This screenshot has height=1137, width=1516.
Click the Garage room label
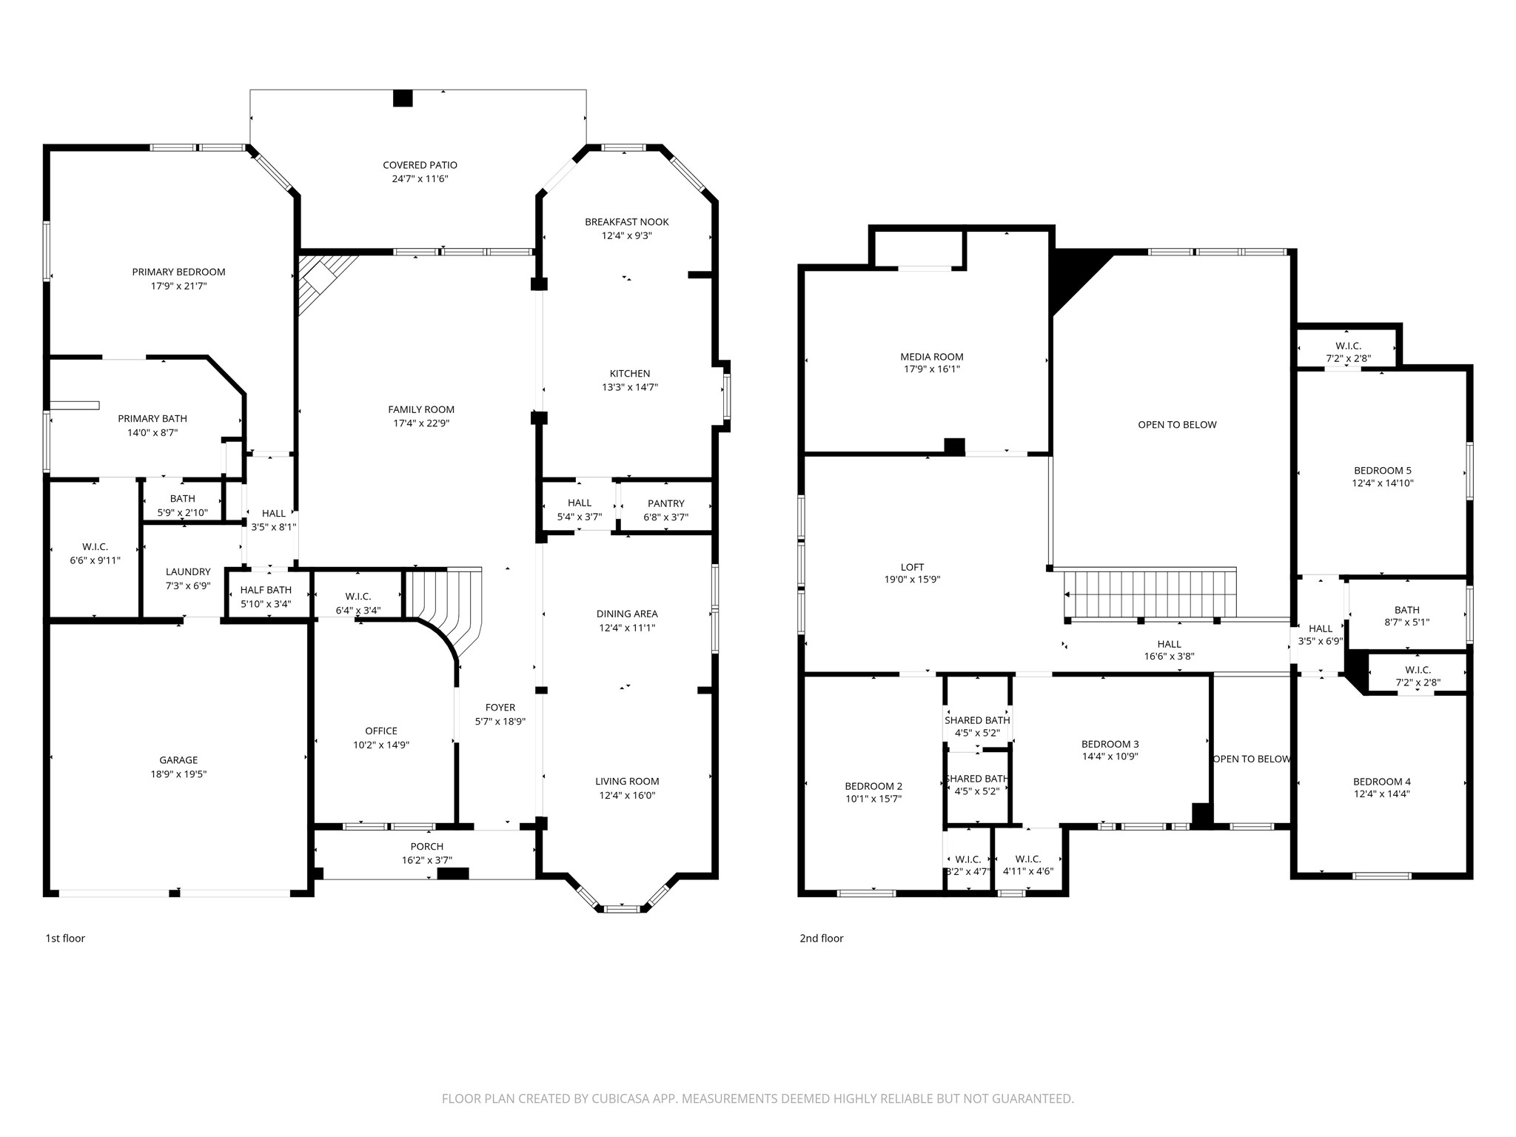tap(178, 760)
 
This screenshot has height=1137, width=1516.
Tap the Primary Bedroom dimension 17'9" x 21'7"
tap(178, 286)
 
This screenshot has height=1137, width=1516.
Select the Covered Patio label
tap(420, 165)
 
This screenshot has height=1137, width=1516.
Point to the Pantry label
tap(666, 503)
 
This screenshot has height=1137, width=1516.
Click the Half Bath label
tap(266, 590)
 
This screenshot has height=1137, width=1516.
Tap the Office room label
tap(381, 731)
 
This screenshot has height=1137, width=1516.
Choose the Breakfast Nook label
tap(627, 221)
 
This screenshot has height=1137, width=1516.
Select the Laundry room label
tap(188, 571)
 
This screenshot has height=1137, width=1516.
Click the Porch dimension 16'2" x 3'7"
tap(427, 860)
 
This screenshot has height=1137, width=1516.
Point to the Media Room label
tap(932, 357)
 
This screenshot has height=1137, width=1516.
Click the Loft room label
tap(913, 567)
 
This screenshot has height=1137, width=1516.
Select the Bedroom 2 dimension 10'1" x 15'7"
tap(873, 799)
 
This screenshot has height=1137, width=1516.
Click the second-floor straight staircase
tap(1150, 594)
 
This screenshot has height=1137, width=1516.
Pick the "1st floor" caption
tap(65, 938)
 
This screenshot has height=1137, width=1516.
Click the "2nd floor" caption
tap(822, 938)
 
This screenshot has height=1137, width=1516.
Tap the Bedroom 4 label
tap(1382, 781)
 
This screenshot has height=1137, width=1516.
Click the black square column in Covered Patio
tap(403, 98)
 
